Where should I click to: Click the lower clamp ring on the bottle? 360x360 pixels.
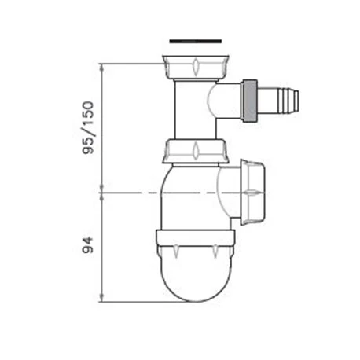pos(195,239)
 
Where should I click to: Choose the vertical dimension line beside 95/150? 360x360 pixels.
pos(102,126)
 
